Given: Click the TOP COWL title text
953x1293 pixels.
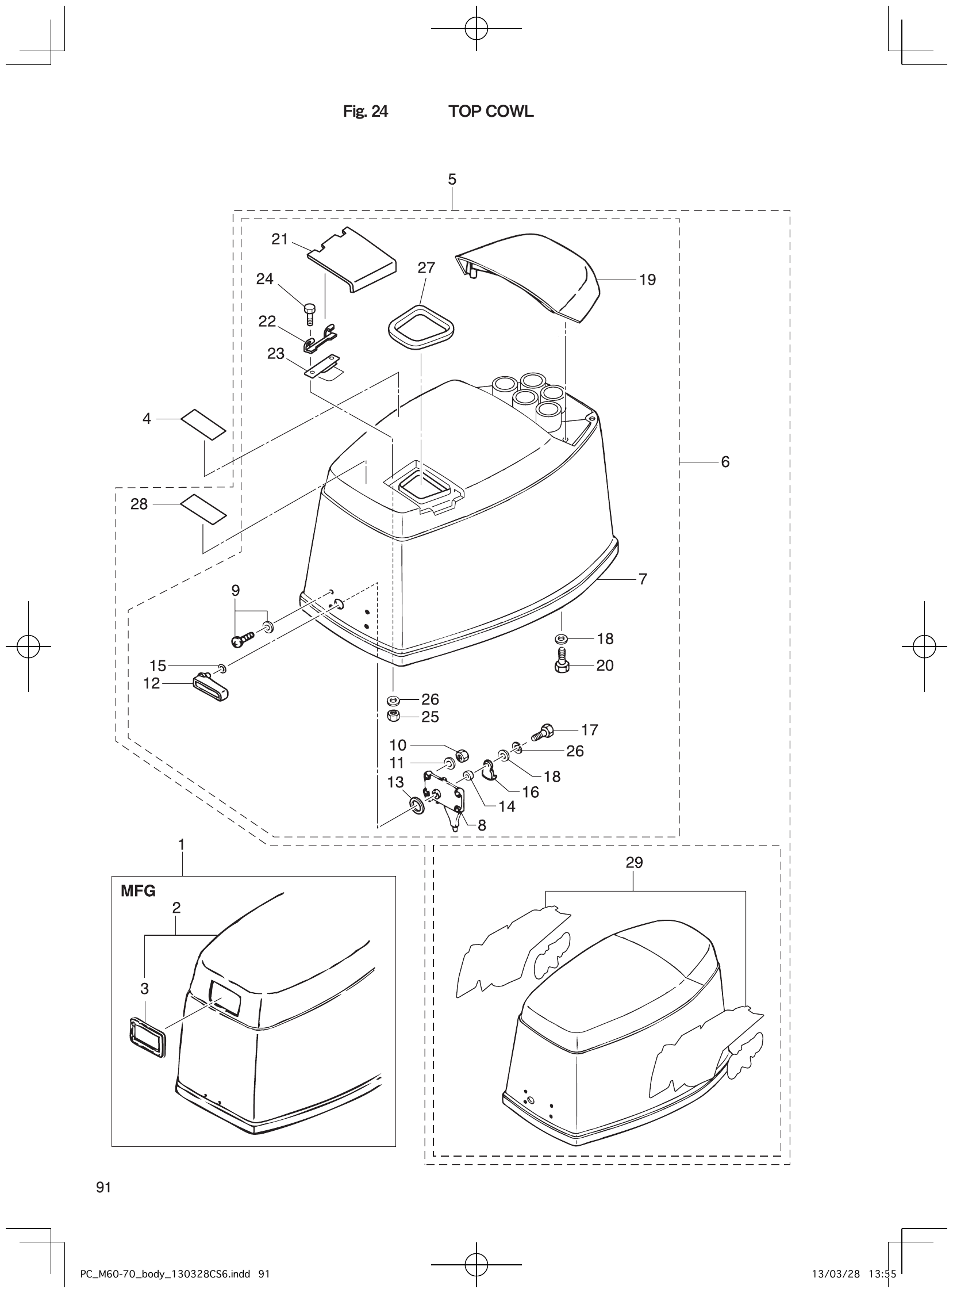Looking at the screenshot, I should point(491,112).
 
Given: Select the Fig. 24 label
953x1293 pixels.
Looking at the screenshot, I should point(365,112).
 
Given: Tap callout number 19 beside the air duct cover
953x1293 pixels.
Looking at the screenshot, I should point(647,280).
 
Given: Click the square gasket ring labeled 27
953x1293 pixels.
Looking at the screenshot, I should point(421,327).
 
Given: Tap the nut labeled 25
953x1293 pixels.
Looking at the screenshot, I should point(393,717).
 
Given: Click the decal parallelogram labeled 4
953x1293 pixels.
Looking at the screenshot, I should point(203,425).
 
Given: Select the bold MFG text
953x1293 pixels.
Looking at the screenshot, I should point(138,892).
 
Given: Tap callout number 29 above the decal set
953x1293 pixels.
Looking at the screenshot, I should point(634,862).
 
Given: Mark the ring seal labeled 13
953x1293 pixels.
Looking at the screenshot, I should point(416,805).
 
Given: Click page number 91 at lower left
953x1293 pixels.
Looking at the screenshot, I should point(104,1187).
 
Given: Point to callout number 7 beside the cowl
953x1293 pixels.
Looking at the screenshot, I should point(643,579).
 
